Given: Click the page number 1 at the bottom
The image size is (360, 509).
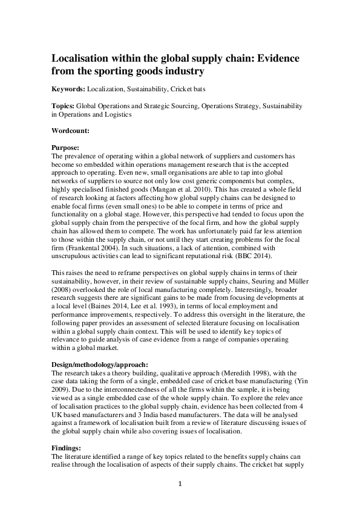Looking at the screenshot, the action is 180,484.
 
